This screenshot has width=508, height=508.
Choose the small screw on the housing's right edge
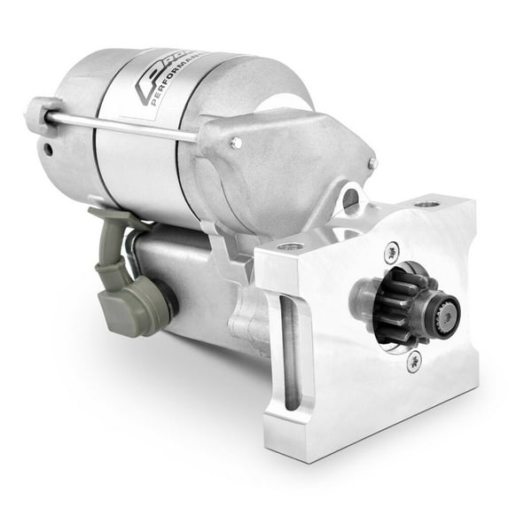pos(373,163)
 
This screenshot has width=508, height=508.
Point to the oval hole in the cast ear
pos(351,200)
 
